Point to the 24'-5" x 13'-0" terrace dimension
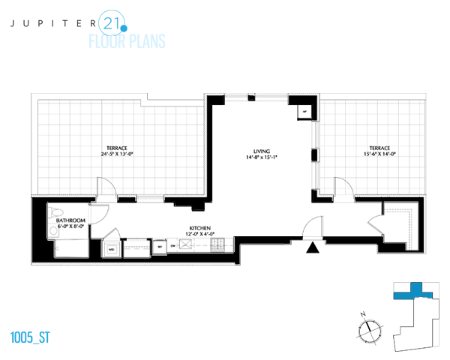click(118, 154)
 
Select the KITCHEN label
click(199, 227)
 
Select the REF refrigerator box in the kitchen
click(159, 245)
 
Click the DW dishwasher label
click(172, 245)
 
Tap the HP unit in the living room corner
click(304, 112)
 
